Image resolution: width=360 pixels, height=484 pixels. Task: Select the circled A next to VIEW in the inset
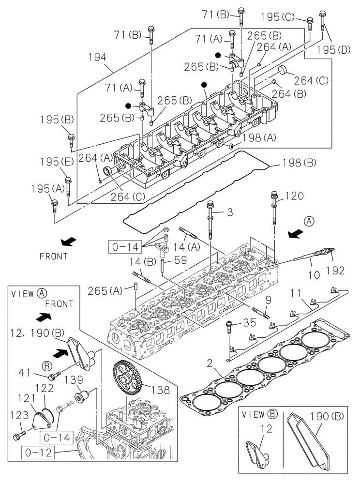point(42,293)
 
